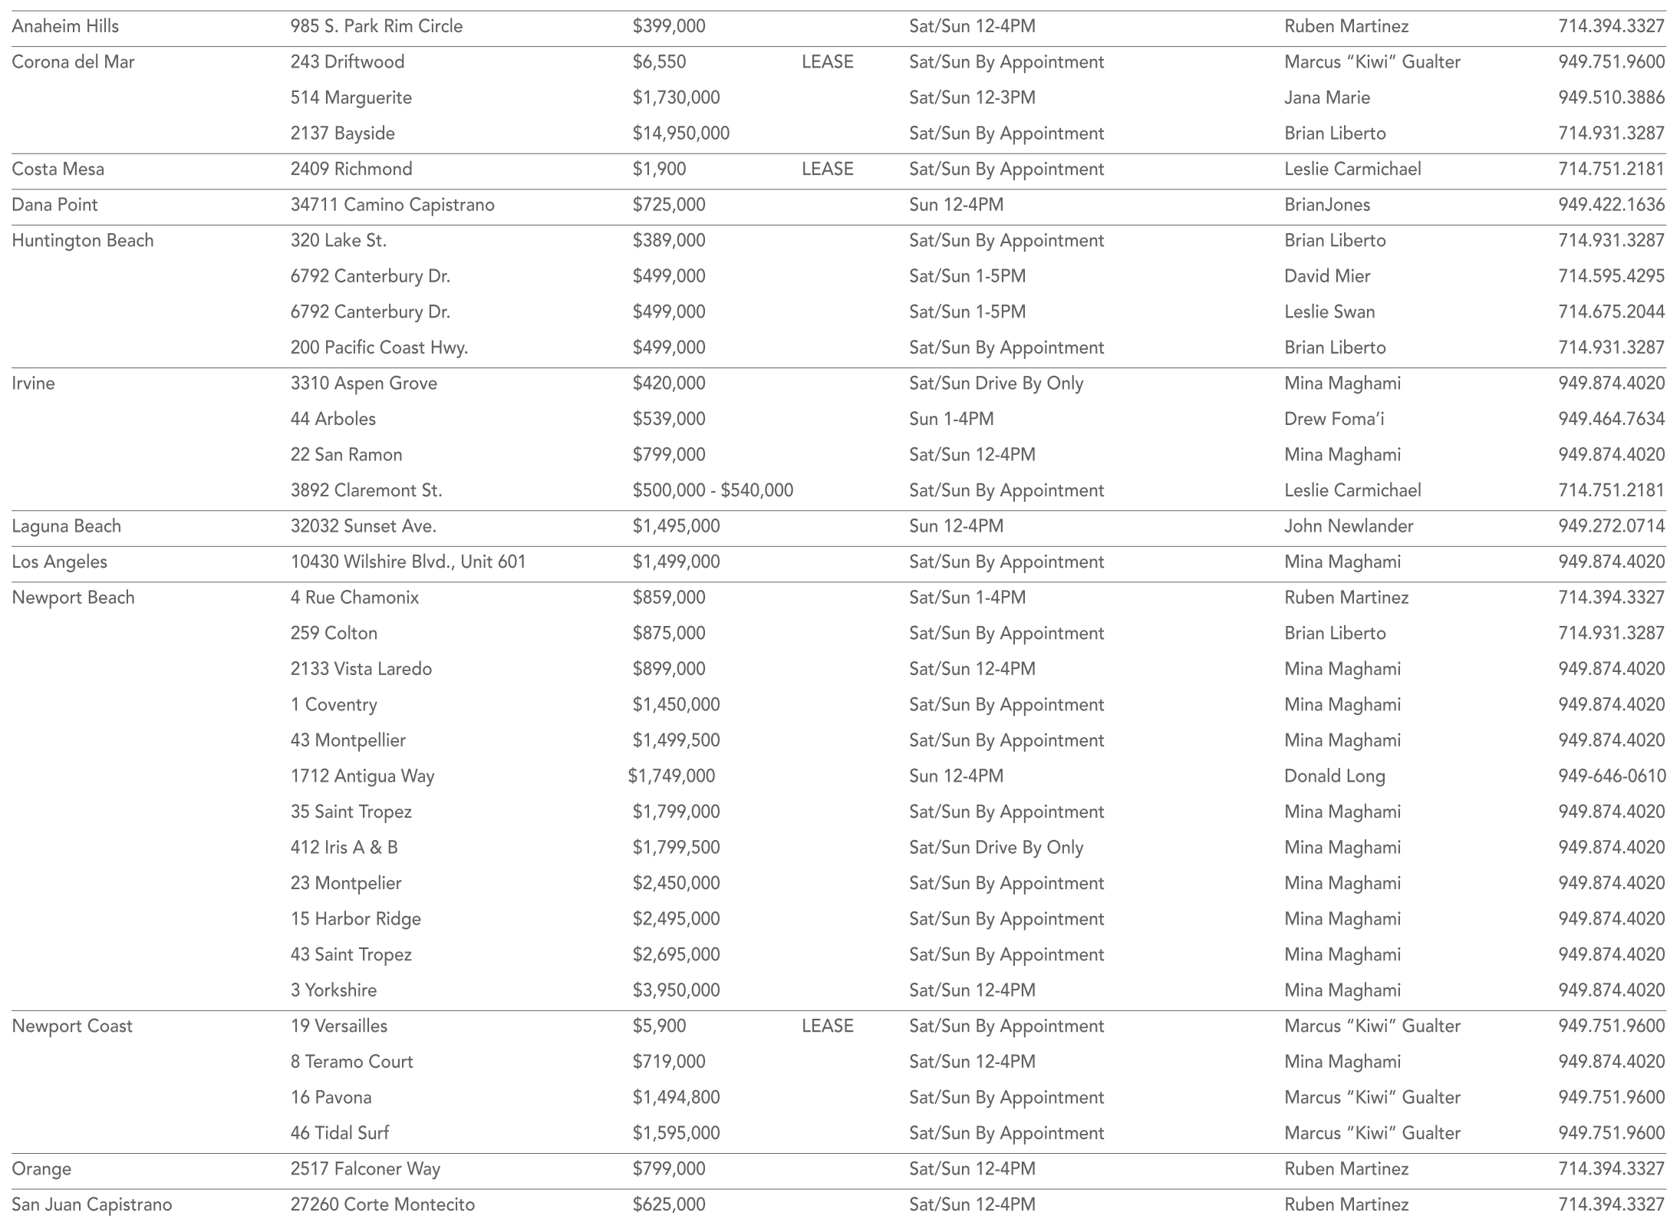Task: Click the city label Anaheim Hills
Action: (x=65, y=26)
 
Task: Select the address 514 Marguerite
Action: (x=351, y=97)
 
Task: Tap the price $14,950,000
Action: (x=680, y=133)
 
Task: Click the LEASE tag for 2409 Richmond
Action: (x=827, y=169)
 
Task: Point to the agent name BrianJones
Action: (x=1326, y=205)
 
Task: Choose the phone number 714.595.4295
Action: (x=1611, y=276)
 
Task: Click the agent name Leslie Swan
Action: (x=1329, y=311)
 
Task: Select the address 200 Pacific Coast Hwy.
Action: (x=379, y=348)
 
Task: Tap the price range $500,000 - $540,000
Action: (x=713, y=490)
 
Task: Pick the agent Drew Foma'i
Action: (x=1334, y=419)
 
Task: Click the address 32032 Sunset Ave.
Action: (x=363, y=526)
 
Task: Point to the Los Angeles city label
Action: (x=59, y=562)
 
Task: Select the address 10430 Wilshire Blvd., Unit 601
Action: (x=407, y=562)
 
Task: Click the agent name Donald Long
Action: (x=1334, y=776)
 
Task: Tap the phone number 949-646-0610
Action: (x=1612, y=776)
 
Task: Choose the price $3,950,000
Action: (x=676, y=990)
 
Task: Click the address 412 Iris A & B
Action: (x=344, y=847)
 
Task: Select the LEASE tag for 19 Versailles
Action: (x=827, y=1026)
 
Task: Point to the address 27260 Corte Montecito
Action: (x=382, y=1204)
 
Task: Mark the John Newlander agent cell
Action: (x=1348, y=526)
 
